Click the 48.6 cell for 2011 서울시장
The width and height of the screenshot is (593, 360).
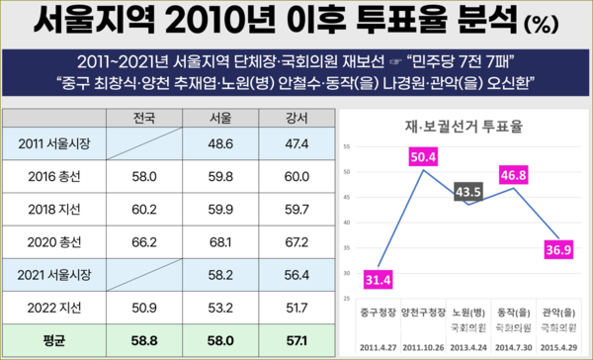[x=221, y=145]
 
